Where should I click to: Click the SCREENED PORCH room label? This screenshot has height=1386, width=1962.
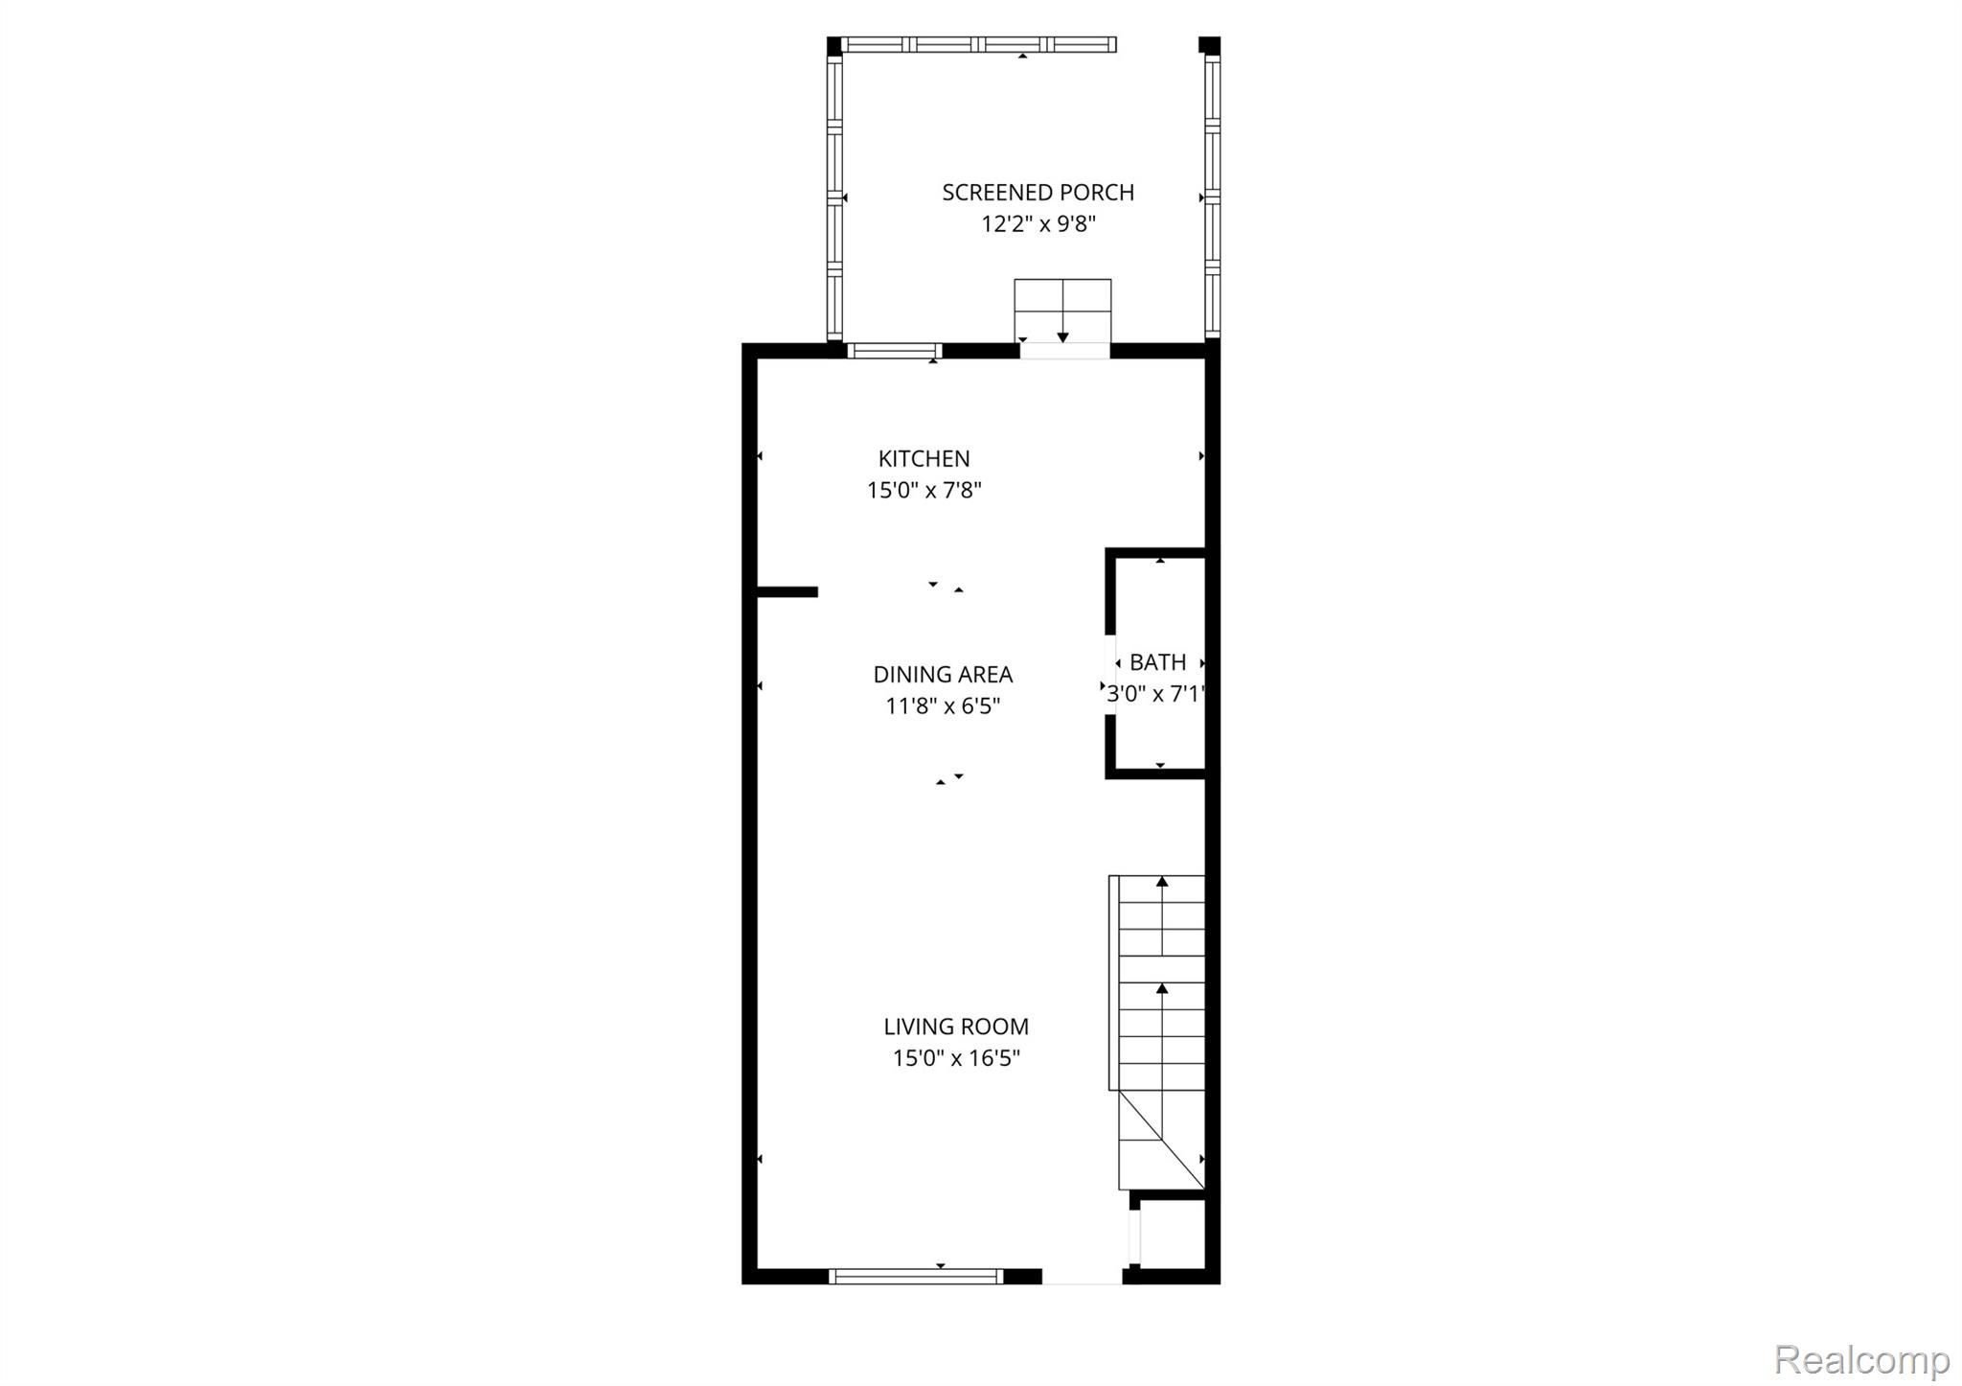coord(1038,192)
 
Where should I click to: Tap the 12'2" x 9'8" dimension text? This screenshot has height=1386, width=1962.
coord(1038,224)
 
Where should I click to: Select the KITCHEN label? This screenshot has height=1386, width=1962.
coord(924,458)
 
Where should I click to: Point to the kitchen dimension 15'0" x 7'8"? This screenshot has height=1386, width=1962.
coord(924,491)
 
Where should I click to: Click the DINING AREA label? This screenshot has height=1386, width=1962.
coord(943,674)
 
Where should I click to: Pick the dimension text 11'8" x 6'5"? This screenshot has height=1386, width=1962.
coord(943,706)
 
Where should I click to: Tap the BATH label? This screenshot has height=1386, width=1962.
coord(1157,662)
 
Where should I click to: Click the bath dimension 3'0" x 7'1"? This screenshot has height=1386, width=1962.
coord(1155,694)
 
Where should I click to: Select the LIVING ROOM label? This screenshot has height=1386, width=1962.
coord(956,1027)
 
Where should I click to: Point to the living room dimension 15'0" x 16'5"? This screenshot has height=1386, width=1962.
coord(956,1058)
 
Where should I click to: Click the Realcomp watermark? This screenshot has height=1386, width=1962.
coord(1861,1358)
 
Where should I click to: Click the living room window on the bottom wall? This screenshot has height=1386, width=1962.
coord(916,1276)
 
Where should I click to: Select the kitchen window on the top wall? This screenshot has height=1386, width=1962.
coord(895,351)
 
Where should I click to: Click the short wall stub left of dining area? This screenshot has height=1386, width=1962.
coord(787,592)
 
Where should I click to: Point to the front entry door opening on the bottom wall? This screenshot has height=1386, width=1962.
coord(1083,1277)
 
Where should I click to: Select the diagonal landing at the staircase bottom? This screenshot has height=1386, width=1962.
coord(1161,1140)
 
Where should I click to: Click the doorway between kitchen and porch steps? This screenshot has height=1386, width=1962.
coord(1064,351)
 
